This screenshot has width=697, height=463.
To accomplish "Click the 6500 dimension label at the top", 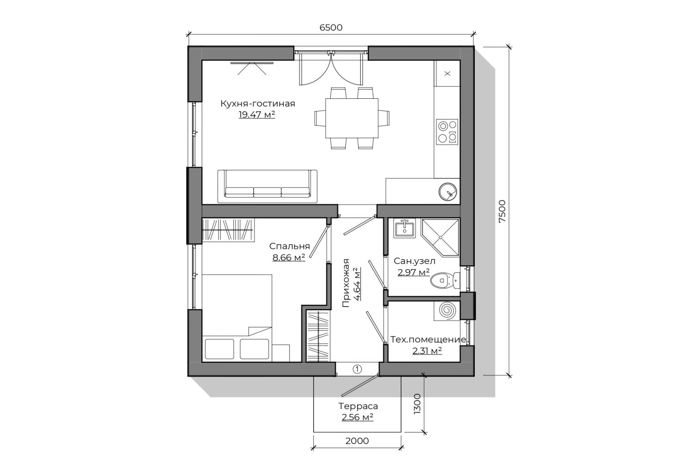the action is coord(331,28).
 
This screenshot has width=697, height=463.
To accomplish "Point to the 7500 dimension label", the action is coord(502,211).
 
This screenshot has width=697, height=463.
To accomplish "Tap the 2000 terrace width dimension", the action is coord(357,441).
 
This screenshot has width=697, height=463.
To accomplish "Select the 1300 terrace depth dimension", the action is coord(417,403).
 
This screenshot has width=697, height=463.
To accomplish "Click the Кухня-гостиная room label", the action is coord(258,103).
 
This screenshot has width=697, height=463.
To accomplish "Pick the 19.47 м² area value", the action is coord(257,115).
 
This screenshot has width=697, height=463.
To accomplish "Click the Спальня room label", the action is coord(290,246).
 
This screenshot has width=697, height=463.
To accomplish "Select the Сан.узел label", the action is coord(414,261).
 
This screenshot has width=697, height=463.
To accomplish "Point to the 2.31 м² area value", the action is coord(427,351).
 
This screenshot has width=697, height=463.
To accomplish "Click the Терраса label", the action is coord(358,406).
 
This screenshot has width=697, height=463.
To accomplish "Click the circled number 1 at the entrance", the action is coord(358,369).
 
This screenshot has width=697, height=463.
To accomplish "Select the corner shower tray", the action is coord(440,238).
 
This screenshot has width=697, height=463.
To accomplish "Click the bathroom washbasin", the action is coord(404,228).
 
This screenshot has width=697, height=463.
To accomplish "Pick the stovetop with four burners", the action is coord(447,132).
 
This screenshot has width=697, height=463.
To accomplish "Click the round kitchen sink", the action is coord(448,192).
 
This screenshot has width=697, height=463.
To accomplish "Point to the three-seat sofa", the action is coord(267,186).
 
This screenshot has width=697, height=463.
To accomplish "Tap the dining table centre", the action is coord(352,118).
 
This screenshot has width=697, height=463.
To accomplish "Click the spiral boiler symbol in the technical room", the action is coord(447,311).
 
